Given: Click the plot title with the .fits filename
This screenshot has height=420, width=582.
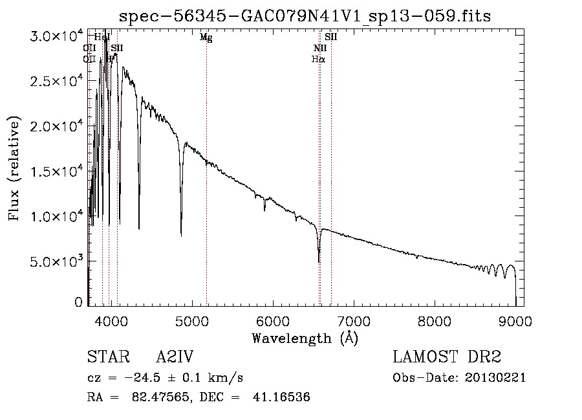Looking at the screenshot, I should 305,16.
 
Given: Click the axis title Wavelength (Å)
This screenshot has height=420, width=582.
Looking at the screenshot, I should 305,338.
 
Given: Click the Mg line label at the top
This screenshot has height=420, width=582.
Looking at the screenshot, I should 206,38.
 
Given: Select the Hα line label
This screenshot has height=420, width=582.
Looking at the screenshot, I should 318,59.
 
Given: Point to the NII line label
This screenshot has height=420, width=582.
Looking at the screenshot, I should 319,49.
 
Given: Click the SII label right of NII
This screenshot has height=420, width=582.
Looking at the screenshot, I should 331,38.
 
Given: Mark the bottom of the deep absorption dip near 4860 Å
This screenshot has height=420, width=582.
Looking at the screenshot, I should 181,236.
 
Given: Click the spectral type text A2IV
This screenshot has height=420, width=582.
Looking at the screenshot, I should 175,357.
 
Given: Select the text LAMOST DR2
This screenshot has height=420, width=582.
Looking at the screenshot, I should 447,357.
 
